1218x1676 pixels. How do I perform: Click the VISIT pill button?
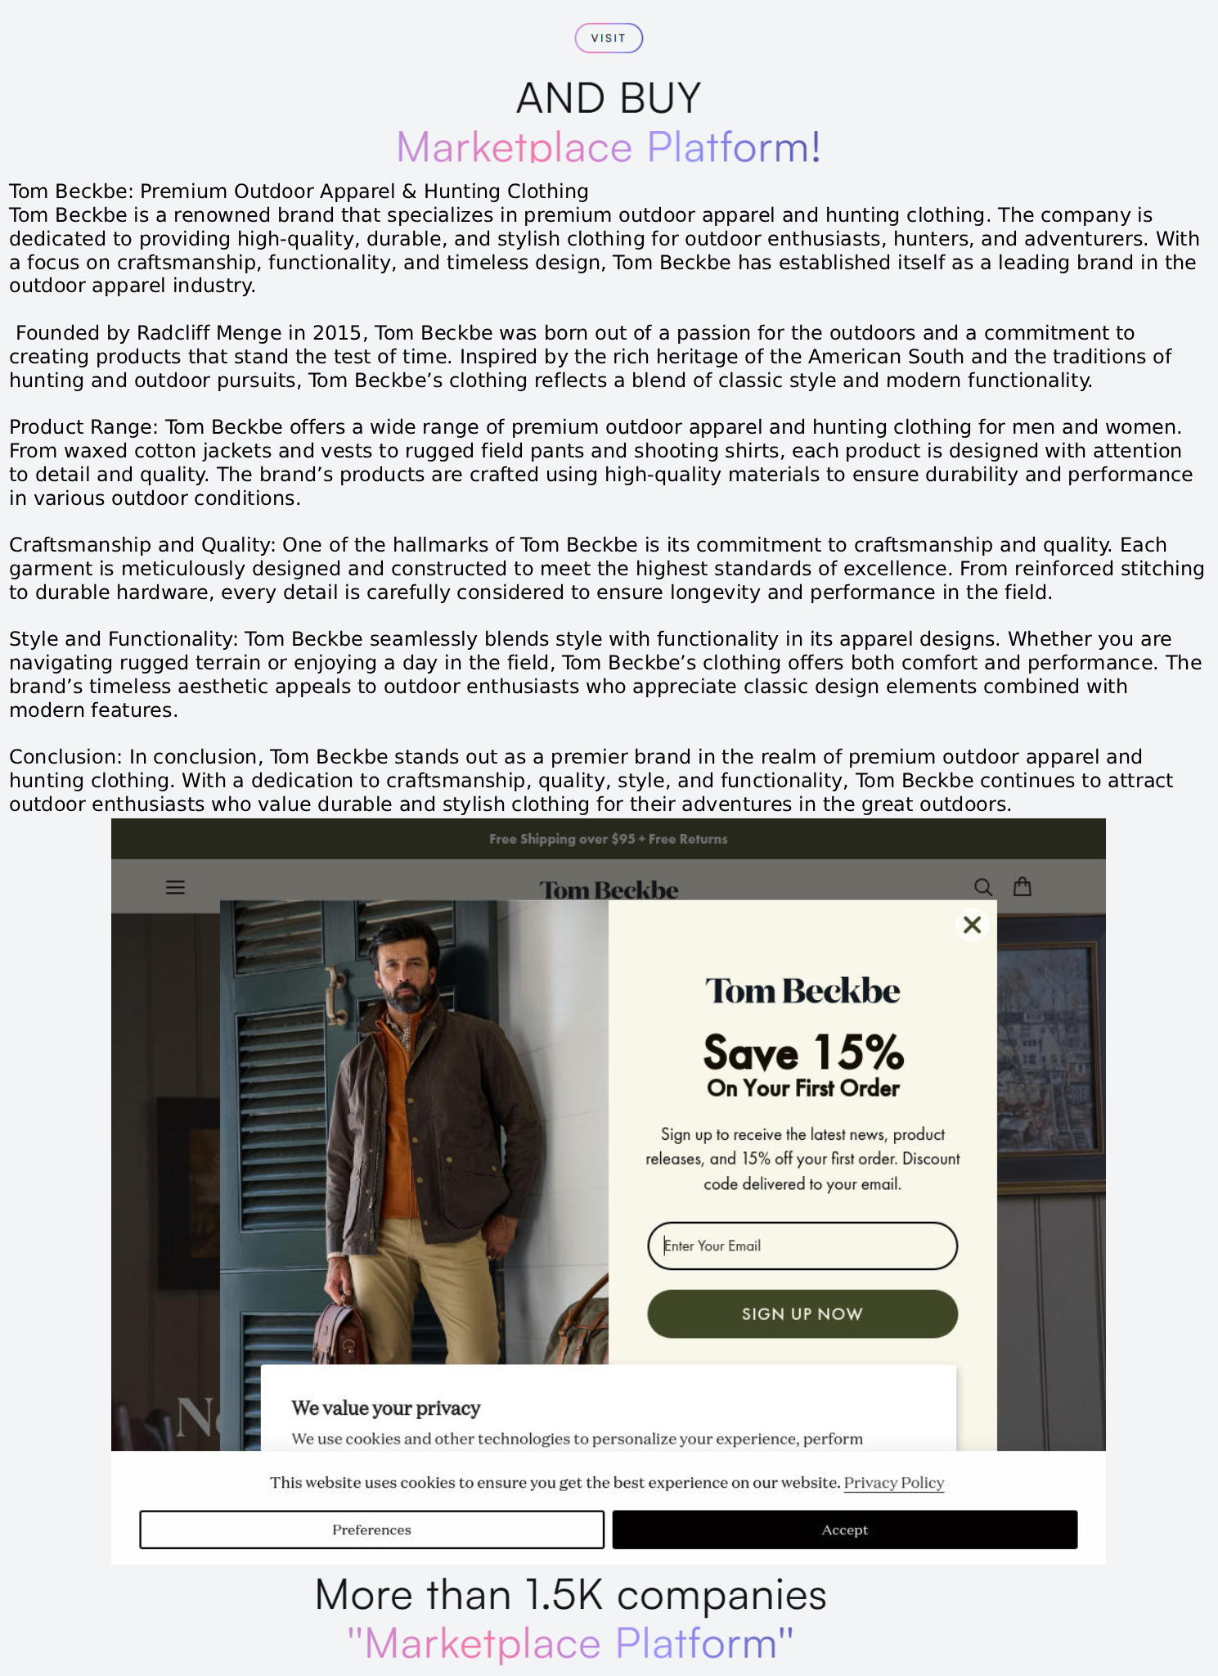(609, 38)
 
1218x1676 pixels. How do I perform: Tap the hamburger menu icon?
(175, 887)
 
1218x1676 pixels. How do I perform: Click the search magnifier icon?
(982, 887)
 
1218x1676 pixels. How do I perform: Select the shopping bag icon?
(1022, 886)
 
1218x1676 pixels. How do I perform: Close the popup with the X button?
(972, 925)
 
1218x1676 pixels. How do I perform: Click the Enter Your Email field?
(802, 1246)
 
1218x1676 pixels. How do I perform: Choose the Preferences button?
(371, 1530)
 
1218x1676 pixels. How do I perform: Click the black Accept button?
(844, 1530)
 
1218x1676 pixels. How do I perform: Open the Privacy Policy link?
(893, 1483)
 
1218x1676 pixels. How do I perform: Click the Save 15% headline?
(803, 1052)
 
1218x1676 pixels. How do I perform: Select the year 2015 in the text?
(338, 333)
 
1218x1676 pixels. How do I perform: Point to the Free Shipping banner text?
(608, 839)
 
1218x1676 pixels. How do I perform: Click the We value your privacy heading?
(385, 1408)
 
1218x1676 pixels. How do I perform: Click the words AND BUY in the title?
(609, 98)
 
